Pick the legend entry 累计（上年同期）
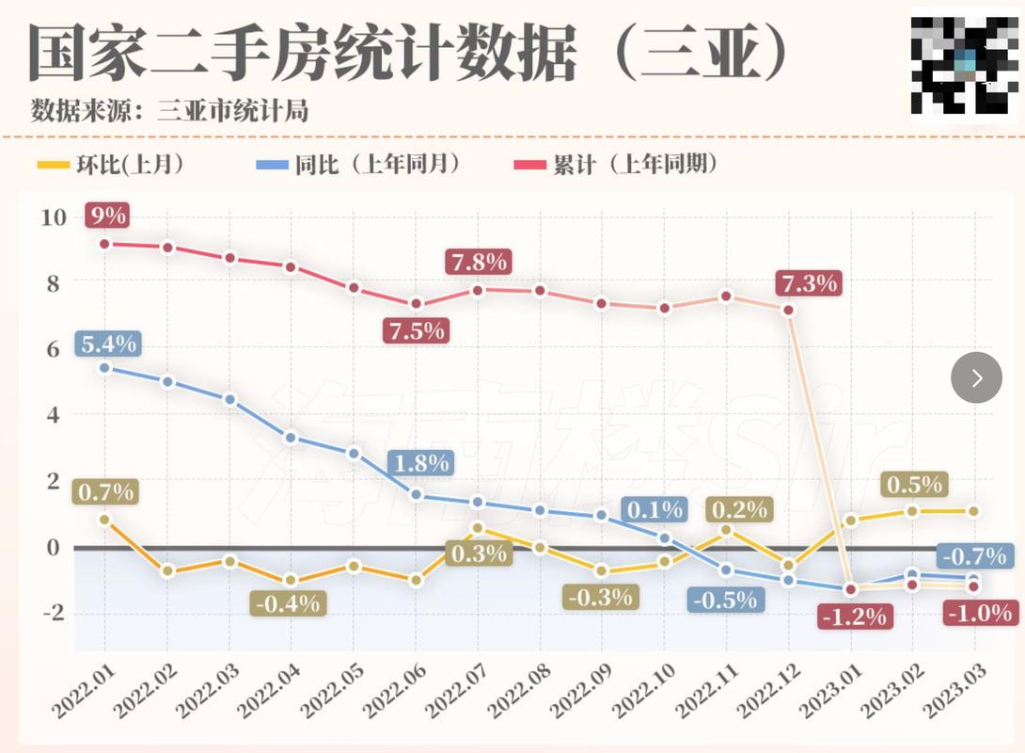[x=616, y=165]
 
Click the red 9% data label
[x=106, y=216]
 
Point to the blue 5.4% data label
[x=107, y=344]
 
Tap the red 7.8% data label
[x=478, y=261]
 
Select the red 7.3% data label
[x=807, y=282]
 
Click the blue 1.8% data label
[x=420, y=463]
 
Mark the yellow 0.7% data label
[x=106, y=491]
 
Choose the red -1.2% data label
[x=854, y=617]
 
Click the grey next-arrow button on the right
[x=976, y=377]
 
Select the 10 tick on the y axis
[x=53, y=217]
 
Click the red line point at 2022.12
[x=788, y=310]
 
